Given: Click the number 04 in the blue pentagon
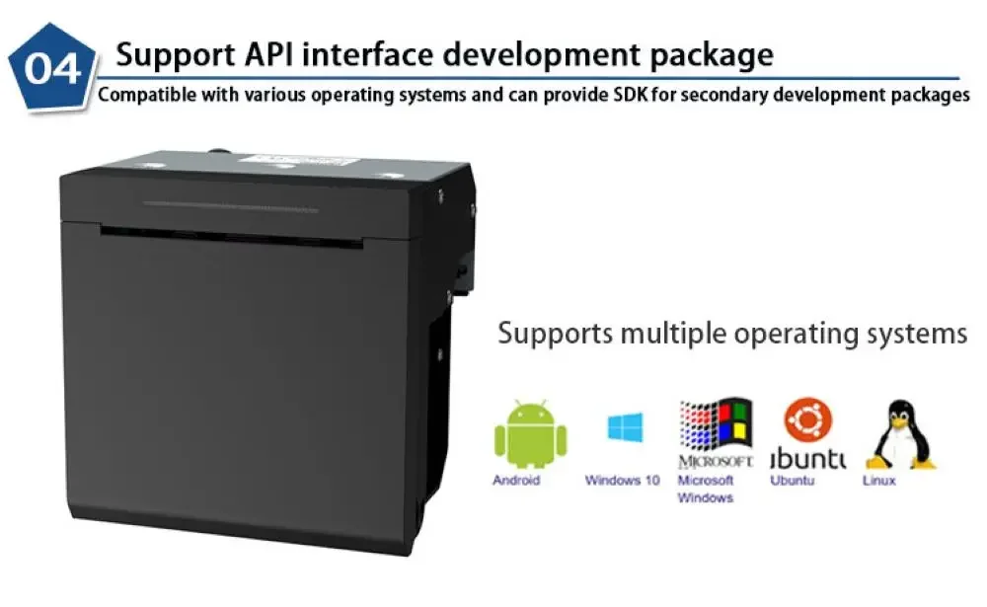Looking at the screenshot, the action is tap(50, 69).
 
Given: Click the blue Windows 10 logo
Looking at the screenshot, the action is tap(625, 427).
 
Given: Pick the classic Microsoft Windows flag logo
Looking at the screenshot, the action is tap(716, 424).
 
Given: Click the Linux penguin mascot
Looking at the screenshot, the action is tap(899, 433).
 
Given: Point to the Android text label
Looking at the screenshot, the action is tap(516, 481).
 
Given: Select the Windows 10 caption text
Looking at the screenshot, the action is tap(622, 481).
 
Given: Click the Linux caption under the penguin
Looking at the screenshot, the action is tap(879, 481).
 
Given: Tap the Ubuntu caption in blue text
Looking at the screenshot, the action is tap(792, 481).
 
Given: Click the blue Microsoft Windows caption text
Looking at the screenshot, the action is tap(705, 489).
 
